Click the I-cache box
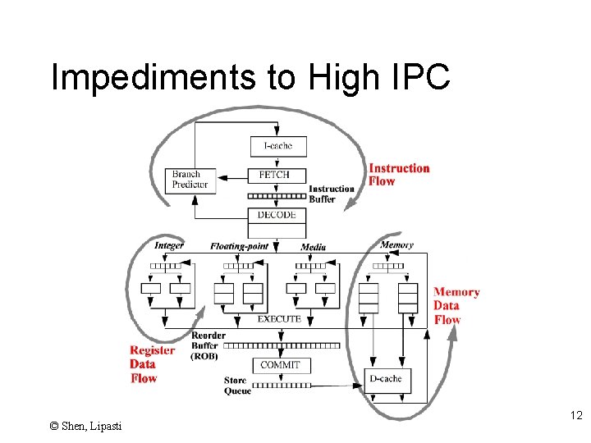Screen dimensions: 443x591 [277, 146]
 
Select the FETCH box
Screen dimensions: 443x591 [277, 176]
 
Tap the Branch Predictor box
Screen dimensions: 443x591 [190, 180]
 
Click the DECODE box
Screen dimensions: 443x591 [277, 215]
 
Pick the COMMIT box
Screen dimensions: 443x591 [280, 365]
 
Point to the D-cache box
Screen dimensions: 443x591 [387, 379]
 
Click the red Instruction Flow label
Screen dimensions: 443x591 [399, 175]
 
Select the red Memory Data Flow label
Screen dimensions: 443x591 [456, 306]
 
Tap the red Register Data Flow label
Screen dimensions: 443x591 [151, 364]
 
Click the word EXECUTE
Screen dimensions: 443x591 [279, 318]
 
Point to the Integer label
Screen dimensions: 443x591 [169, 245]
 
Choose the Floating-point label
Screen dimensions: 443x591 [239, 246]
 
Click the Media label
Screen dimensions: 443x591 [313, 247]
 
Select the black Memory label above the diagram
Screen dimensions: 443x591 [396, 244]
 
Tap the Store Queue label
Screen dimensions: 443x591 [237, 386]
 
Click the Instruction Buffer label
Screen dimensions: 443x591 [332, 194]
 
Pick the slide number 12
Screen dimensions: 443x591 [575, 417]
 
